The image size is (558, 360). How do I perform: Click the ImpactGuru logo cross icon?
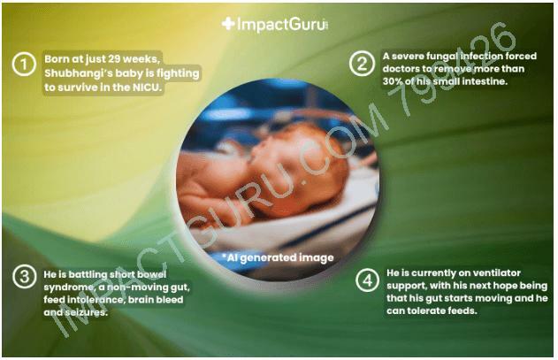(228, 24)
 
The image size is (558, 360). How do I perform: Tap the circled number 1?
(24, 65)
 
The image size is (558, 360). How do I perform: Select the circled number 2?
(362, 64)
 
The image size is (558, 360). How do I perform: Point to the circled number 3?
(24, 277)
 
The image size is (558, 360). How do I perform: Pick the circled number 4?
(367, 280)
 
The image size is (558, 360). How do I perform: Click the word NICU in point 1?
(147, 88)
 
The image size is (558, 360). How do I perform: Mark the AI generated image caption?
(278, 257)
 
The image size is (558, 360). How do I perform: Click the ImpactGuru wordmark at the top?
(281, 24)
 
